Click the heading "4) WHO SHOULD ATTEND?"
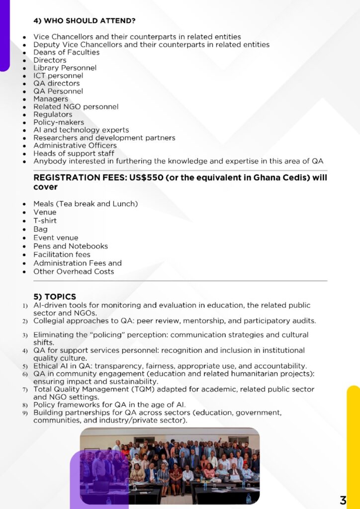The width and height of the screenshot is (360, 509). pyautogui.click(x=85, y=21)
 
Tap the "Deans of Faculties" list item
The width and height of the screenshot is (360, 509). pyautogui.click(x=66, y=52)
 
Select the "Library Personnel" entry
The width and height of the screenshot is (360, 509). pyautogui.click(x=65, y=68)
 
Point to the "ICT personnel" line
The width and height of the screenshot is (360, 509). pyautogui.click(x=58, y=76)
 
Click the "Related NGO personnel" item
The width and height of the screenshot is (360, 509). pyautogui.click(x=76, y=106)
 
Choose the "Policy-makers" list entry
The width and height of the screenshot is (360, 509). pyautogui.click(x=59, y=122)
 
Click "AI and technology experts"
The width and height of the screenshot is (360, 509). pyautogui.click(x=81, y=130)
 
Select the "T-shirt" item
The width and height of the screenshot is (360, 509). pyautogui.click(x=45, y=221)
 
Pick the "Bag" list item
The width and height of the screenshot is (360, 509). pyautogui.click(x=40, y=229)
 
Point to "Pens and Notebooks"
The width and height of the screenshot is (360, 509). pyautogui.click(x=70, y=246)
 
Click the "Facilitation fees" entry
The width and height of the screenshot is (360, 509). pyautogui.click(x=62, y=254)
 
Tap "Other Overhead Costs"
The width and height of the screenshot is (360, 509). pyautogui.click(x=74, y=271)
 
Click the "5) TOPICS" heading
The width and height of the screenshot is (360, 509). pyautogui.click(x=55, y=297)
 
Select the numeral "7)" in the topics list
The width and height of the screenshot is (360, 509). pyautogui.click(x=25, y=390)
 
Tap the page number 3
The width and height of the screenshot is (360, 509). pyautogui.click(x=343, y=500)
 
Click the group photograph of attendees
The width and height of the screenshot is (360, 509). pyautogui.click(x=169, y=466)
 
